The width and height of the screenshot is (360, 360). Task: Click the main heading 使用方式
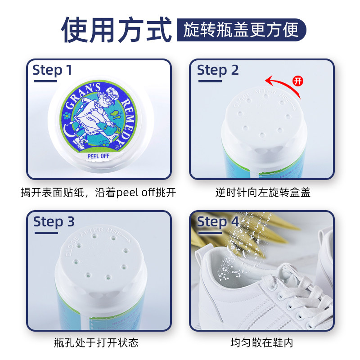pyautogui.click(x=116, y=30)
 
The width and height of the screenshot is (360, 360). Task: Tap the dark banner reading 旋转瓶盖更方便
pyautogui.click(x=241, y=30)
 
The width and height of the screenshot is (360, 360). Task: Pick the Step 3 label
pyautogui.click(x=54, y=222)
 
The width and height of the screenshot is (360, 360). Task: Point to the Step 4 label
pyautogui.click(x=218, y=222)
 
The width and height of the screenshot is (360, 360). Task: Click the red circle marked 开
pyautogui.click(x=297, y=81)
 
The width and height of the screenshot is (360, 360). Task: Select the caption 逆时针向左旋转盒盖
pyautogui.click(x=262, y=193)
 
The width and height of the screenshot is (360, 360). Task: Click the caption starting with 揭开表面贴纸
pyautogui.click(x=98, y=193)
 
